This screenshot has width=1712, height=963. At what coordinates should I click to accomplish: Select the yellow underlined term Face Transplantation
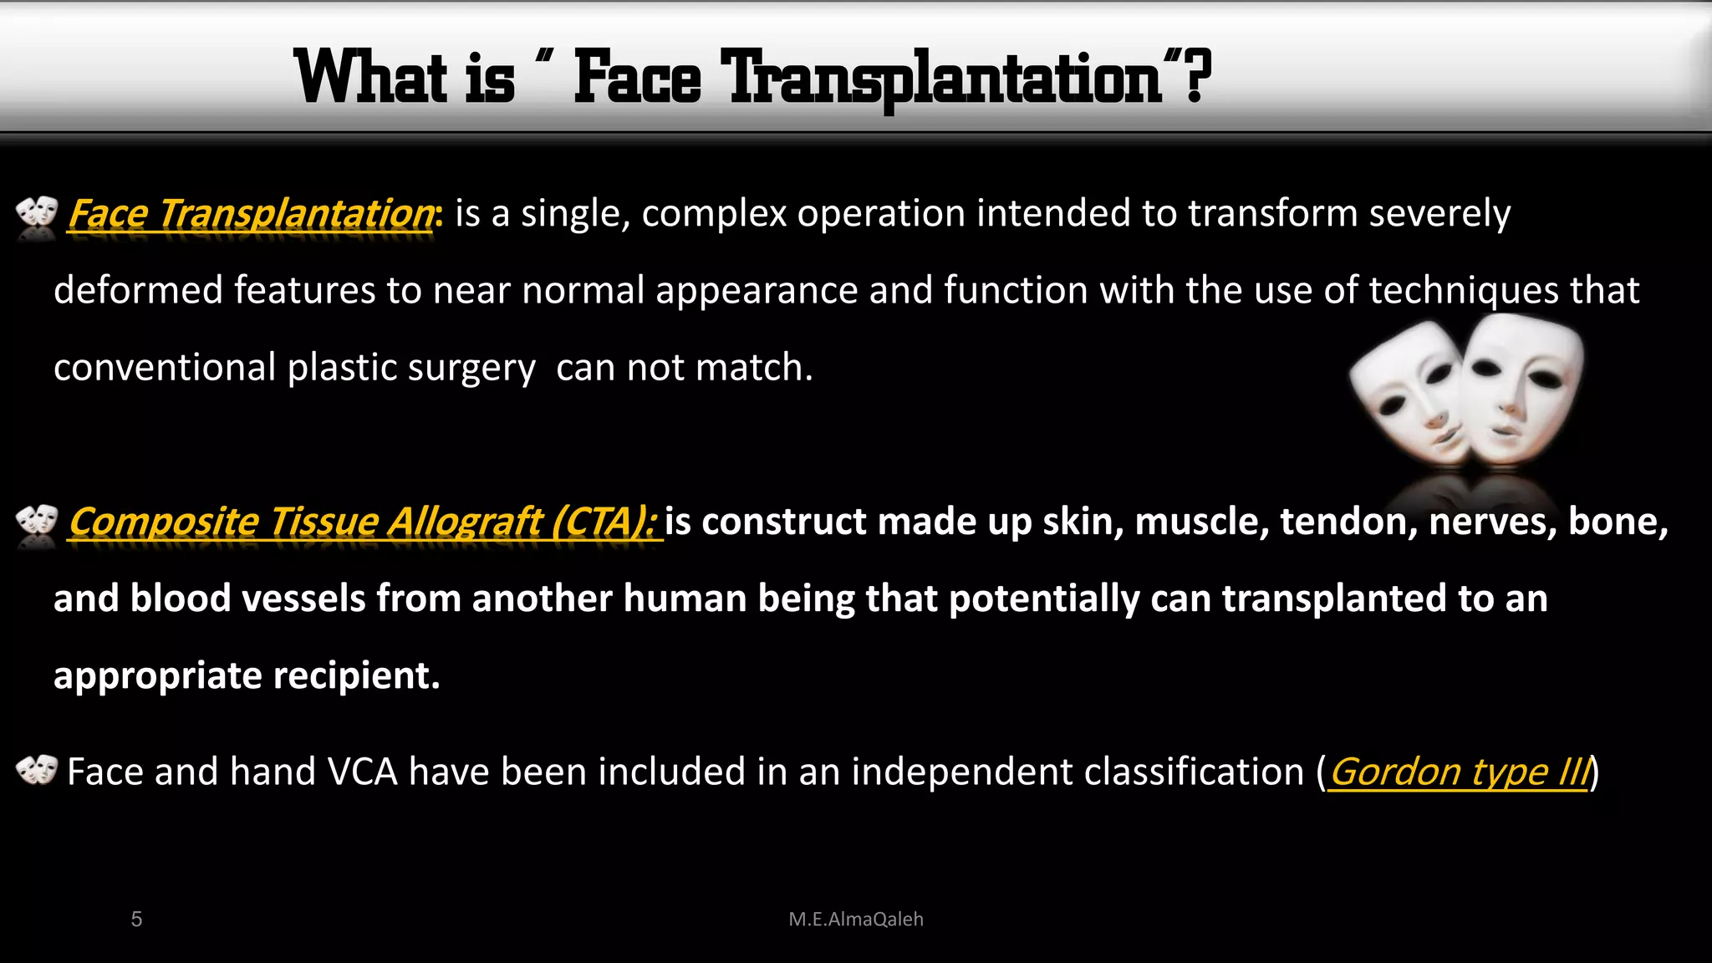[x=251, y=214]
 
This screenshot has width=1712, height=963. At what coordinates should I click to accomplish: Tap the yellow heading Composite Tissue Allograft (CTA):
[x=364, y=522]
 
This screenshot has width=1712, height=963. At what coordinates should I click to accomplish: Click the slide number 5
[x=136, y=920]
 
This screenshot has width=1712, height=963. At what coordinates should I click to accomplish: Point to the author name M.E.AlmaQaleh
[x=856, y=920]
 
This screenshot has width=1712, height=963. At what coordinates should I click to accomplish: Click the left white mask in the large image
[x=1409, y=393]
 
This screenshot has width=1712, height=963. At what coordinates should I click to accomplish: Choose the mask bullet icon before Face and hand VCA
[x=37, y=770]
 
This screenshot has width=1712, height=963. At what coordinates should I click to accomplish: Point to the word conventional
[x=165, y=368]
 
